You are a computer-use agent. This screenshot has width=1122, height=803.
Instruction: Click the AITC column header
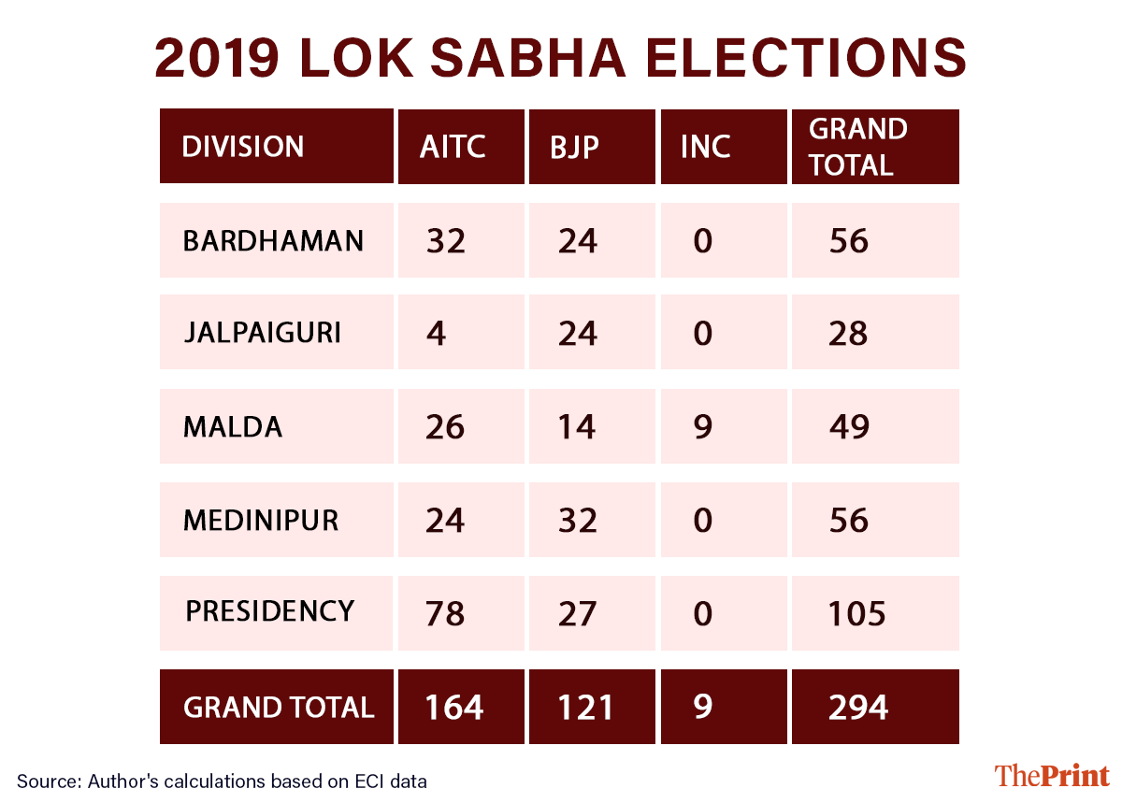(453, 147)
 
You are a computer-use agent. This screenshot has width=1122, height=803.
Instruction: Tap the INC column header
(706, 147)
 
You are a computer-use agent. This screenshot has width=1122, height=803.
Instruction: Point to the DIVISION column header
(242, 147)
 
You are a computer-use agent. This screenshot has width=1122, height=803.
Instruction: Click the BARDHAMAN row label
(273, 240)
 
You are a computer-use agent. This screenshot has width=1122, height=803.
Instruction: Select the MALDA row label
(232, 426)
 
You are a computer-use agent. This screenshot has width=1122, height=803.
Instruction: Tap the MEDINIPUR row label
(261, 520)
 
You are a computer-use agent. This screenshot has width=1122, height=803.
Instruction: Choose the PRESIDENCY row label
(269, 611)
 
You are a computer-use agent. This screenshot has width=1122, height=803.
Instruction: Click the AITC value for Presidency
(445, 614)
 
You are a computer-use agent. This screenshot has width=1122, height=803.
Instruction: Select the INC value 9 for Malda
(702, 427)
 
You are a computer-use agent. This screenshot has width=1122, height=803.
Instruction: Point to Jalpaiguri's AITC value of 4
(435, 334)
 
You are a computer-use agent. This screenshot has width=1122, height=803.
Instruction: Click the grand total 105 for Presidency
(856, 614)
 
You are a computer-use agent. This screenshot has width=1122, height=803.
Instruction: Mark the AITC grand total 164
(454, 707)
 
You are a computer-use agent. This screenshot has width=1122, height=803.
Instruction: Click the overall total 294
(858, 707)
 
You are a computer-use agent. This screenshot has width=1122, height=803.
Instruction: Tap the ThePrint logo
(1051, 776)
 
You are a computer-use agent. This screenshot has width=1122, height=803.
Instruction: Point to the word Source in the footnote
(45, 781)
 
